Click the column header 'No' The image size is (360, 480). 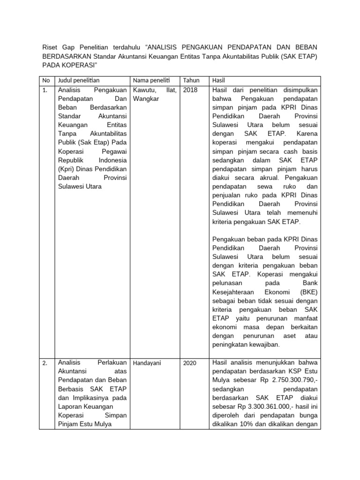coord(46,81)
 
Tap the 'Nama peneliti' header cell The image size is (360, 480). coord(150,81)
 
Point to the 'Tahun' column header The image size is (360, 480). coord(191,81)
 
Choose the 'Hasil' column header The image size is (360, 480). coord(219,81)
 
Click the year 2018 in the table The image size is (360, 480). coord(191,90)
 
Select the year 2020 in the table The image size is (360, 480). coord(190,363)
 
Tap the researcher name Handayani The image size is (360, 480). coord(148,363)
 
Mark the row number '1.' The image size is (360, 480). coord(45,90)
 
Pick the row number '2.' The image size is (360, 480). coord(45,363)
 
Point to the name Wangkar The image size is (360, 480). coord(146,99)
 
